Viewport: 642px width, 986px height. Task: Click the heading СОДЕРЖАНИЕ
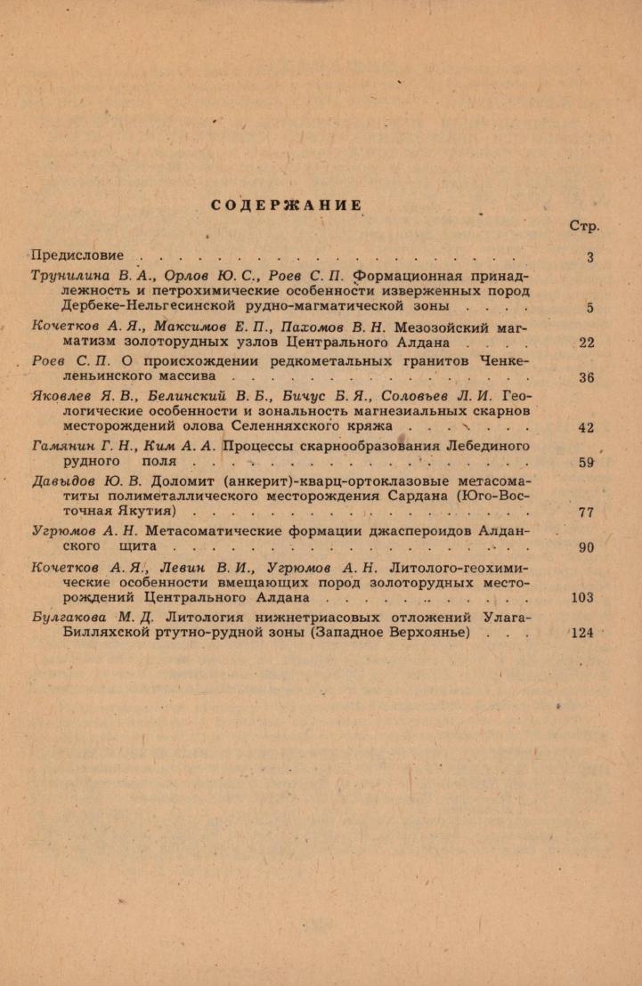pyautogui.click(x=287, y=206)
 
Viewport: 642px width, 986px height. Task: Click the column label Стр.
pyautogui.click(x=584, y=226)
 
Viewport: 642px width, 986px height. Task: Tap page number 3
pyautogui.click(x=590, y=257)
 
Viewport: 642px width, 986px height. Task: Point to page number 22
pyautogui.click(x=586, y=343)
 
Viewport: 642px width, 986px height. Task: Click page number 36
pyautogui.click(x=586, y=377)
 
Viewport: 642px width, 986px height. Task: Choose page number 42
pyautogui.click(x=586, y=428)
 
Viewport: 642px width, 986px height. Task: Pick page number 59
pyautogui.click(x=586, y=463)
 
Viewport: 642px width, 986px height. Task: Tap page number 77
pyautogui.click(x=586, y=513)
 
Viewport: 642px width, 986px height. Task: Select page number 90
pyautogui.click(x=586, y=548)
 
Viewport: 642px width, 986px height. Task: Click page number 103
pyautogui.click(x=582, y=598)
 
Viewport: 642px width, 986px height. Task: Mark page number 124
pyautogui.click(x=582, y=634)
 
